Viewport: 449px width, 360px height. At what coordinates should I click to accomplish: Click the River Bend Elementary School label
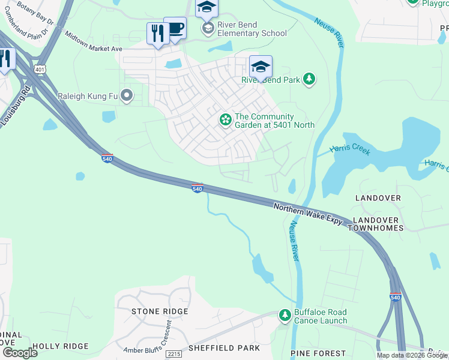click(252, 29)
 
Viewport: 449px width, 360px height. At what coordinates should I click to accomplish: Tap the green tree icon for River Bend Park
click(309, 79)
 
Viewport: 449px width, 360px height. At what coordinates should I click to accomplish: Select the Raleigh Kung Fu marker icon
click(127, 96)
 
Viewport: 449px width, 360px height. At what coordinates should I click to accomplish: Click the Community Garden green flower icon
click(225, 120)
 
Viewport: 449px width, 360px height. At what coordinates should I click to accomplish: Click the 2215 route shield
click(173, 354)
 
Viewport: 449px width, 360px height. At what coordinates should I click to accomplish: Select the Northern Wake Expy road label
click(308, 214)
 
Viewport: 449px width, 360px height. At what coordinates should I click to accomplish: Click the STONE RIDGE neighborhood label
click(160, 311)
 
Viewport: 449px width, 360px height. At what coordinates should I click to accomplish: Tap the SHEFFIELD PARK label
click(224, 348)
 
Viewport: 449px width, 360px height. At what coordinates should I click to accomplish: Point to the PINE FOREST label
click(318, 353)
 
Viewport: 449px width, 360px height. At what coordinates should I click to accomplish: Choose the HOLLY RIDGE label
click(60, 346)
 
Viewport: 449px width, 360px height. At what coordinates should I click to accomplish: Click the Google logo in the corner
click(20, 352)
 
